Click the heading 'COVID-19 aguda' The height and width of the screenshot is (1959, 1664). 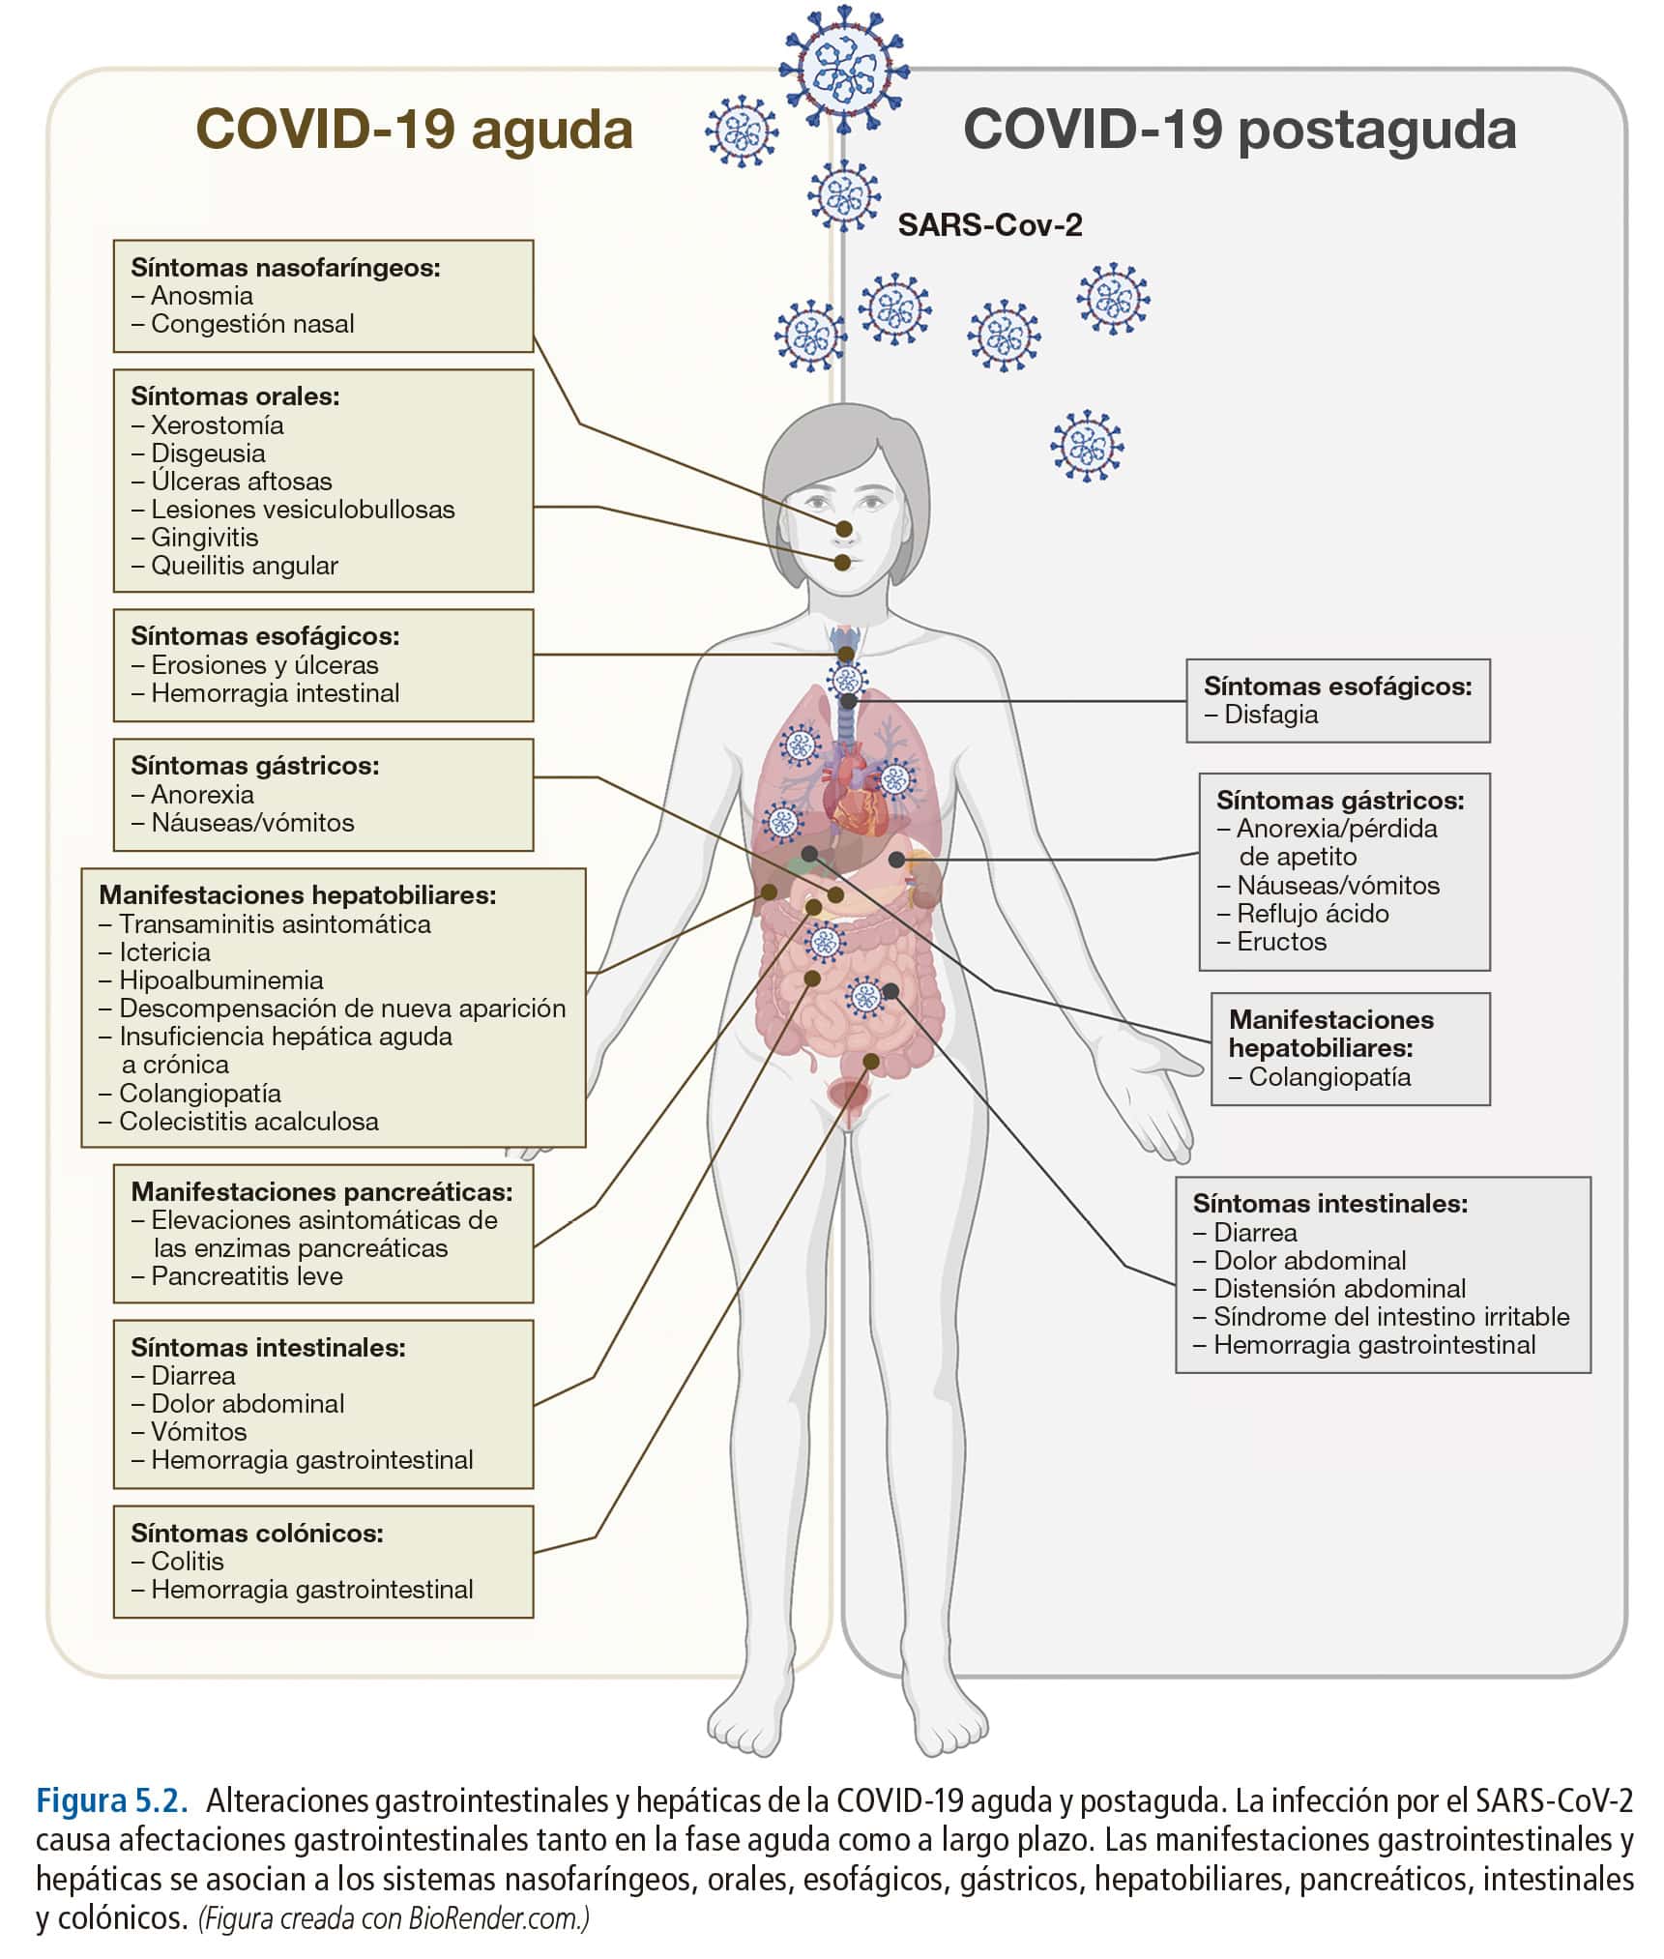(x=414, y=129)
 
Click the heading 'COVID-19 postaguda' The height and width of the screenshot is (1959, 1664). (x=1239, y=129)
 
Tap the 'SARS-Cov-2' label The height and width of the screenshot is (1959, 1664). (x=989, y=225)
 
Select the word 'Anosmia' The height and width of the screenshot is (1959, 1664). (x=201, y=296)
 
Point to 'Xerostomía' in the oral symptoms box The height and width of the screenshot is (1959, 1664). (x=217, y=425)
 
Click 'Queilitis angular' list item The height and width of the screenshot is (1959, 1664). (x=244, y=566)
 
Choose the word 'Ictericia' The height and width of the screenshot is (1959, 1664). (x=164, y=952)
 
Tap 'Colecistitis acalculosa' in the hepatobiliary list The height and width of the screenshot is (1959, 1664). (x=248, y=1122)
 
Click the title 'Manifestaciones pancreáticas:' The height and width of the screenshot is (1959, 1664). (x=321, y=1191)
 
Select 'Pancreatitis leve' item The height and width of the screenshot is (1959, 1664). (x=247, y=1276)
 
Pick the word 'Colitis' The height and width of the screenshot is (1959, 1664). (x=187, y=1562)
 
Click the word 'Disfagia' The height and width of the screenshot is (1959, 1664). (x=1270, y=715)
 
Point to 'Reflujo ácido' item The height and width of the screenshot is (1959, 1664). (x=1312, y=914)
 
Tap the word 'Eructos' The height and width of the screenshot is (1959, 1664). (x=1281, y=942)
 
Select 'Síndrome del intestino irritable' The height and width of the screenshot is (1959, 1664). (x=1390, y=1317)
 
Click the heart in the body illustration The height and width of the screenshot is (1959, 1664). (x=853, y=797)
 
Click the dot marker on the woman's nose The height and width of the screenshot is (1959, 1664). (x=845, y=529)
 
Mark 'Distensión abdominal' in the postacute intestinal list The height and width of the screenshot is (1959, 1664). (x=1339, y=1289)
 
